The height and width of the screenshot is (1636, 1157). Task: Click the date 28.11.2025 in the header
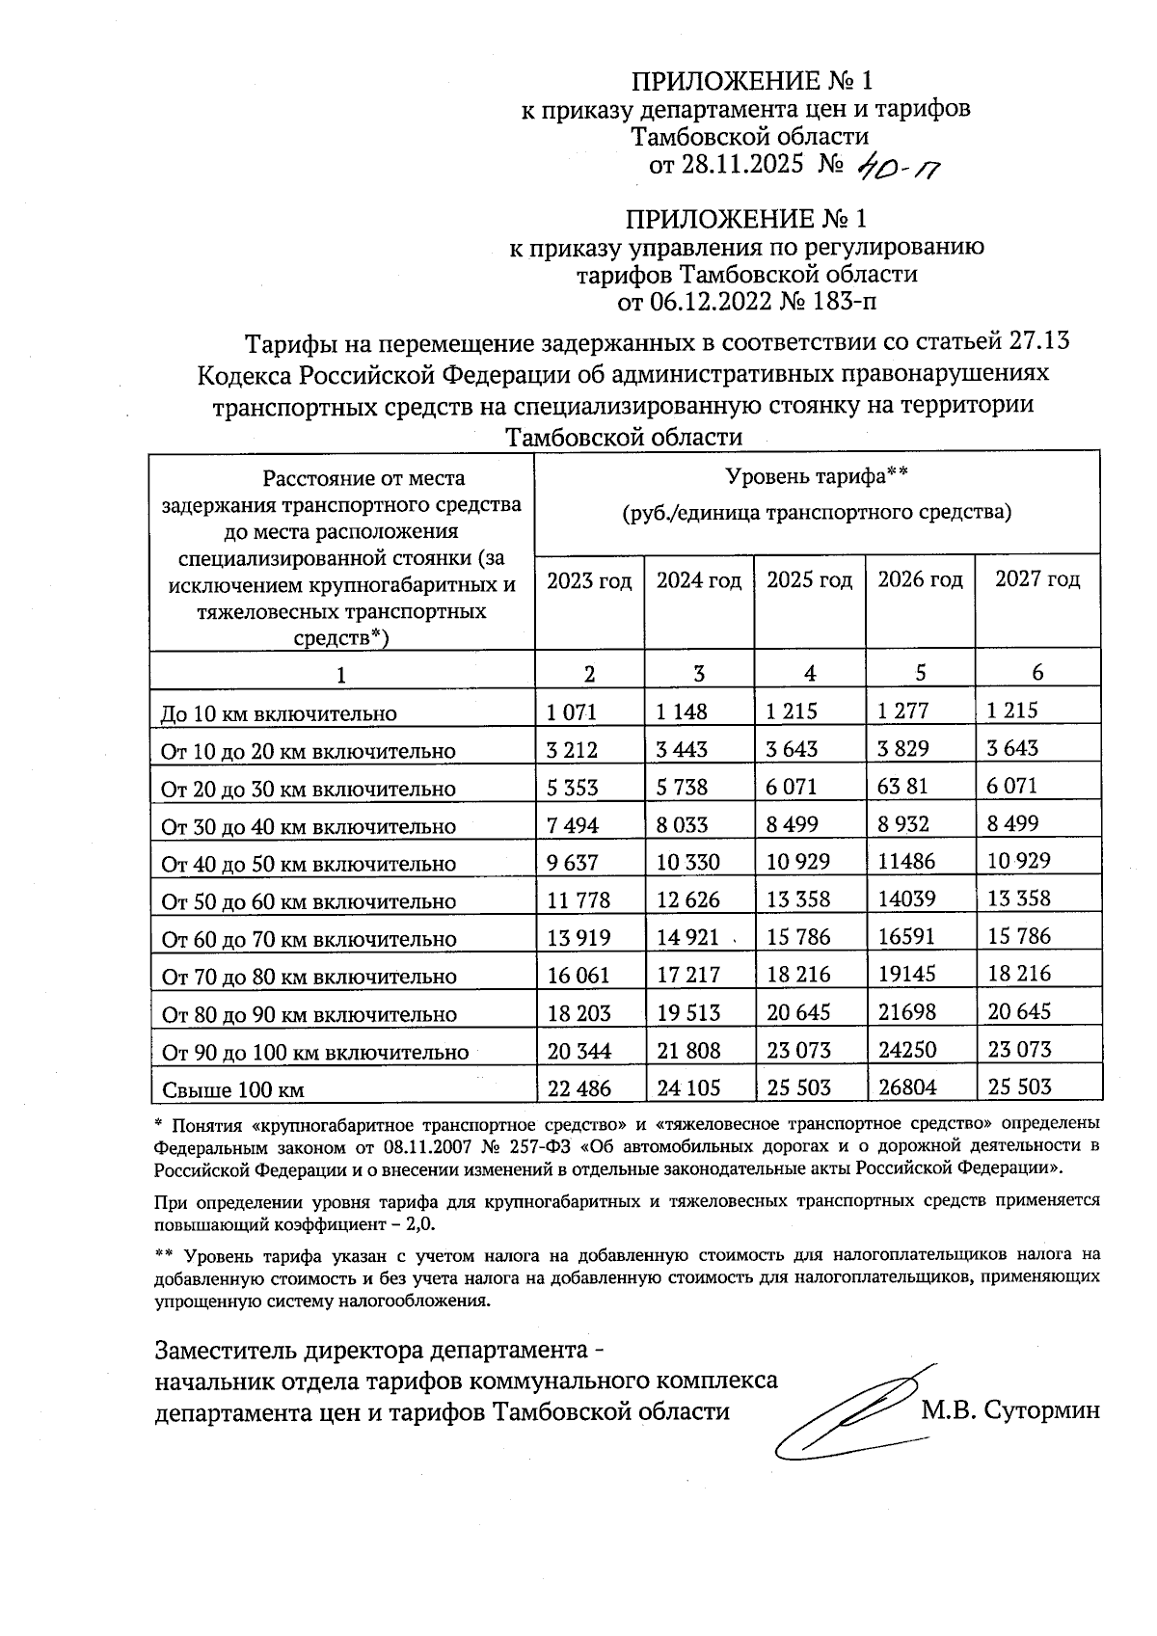click(x=741, y=165)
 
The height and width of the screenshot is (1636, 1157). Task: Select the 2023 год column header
click(x=589, y=580)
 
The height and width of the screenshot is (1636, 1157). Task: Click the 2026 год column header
click(x=920, y=579)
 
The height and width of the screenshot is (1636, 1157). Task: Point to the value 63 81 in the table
click(x=902, y=786)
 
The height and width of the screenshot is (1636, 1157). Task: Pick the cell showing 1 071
click(x=572, y=712)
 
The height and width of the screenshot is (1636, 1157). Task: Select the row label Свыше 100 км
click(x=232, y=1090)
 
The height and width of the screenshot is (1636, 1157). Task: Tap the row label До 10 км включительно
click(x=279, y=714)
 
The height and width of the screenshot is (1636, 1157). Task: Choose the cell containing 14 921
click(x=688, y=937)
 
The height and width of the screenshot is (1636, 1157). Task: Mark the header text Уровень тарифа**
click(x=817, y=476)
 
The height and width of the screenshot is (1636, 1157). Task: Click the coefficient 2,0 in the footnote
click(x=420, y=1223)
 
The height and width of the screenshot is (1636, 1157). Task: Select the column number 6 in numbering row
click(x=1037, y=672)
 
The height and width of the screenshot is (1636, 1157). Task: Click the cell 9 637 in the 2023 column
click(x=573, y=862)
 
